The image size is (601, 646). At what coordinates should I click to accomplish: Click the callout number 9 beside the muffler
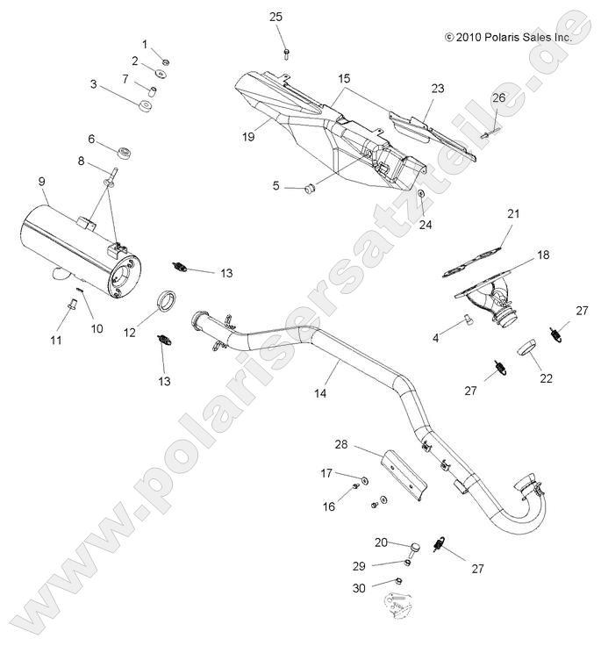[41, 181]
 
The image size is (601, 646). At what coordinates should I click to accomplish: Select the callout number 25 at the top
[275, 17]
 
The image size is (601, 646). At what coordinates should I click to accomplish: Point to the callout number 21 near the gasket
[513, 213]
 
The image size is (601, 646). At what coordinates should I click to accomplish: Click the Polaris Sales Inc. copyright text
[508, 38]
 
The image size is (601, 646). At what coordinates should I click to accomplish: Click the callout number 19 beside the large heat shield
[249, 136]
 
